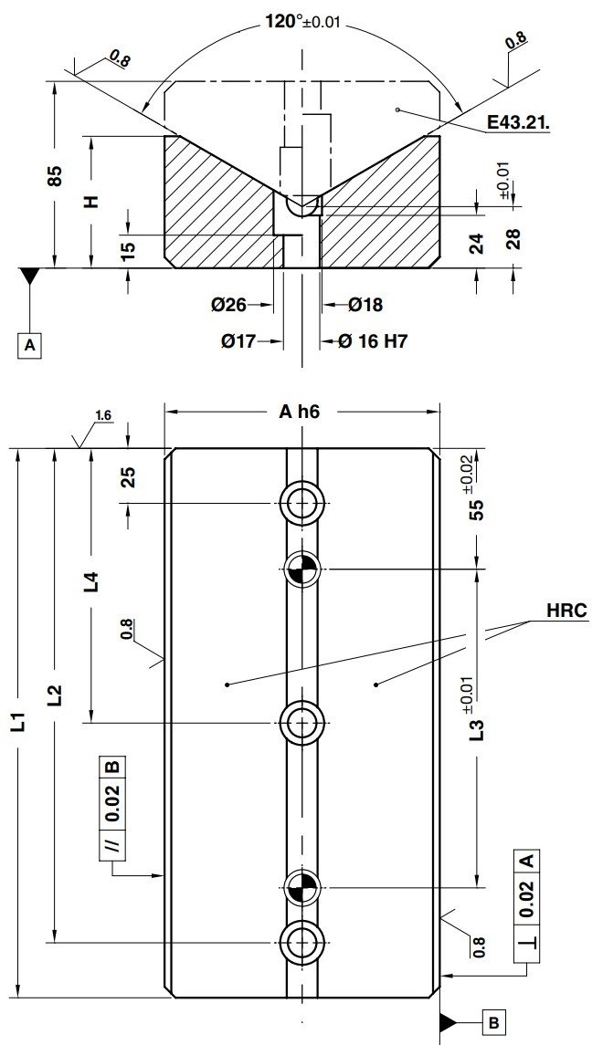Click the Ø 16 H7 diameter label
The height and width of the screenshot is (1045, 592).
pos(373,341)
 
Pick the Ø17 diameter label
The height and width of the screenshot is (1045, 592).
pos(238,341)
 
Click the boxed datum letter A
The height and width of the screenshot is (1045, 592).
pos(31,345)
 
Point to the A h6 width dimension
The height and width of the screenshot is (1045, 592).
pos(300,412)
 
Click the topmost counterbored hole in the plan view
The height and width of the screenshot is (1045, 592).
pos(301,504)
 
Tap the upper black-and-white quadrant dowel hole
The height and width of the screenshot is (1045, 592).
pos(301,570)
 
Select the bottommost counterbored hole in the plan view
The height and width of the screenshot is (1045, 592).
pos(301,940)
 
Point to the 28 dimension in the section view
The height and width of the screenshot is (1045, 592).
pos(513,238)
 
